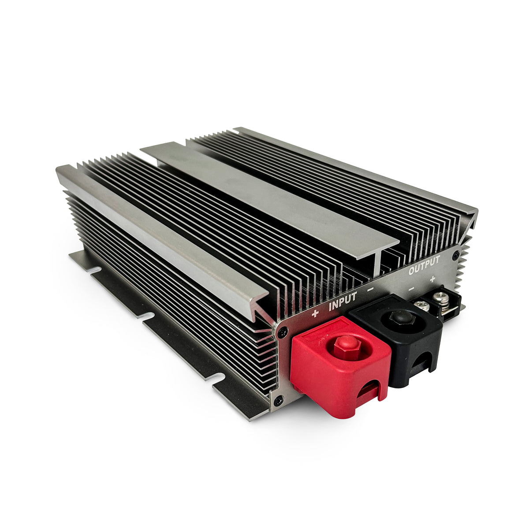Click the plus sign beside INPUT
[x=315, y=314]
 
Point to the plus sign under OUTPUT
[x=433, y=279]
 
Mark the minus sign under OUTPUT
[x=411, y=289]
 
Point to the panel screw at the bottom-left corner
[x=278, y=401]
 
